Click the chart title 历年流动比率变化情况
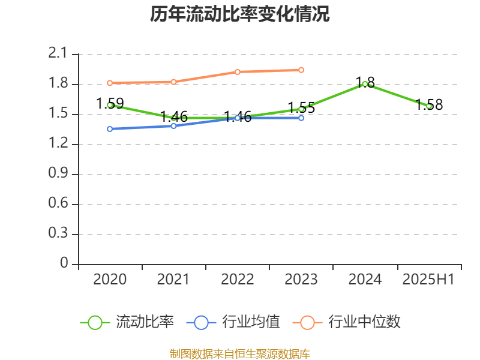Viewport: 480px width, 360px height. [240, 14]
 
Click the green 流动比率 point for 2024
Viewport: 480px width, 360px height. [365, 84]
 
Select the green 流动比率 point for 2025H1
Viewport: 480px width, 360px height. [429, 106]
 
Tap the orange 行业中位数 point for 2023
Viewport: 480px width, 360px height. [301, 70]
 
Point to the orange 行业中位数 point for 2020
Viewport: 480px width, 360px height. [110, 83]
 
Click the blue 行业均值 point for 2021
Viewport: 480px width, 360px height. [173, 126]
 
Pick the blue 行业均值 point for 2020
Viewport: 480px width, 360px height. [110, 129]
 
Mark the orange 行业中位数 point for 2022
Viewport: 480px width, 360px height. [238, 72]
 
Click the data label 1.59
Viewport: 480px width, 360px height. [110, 103]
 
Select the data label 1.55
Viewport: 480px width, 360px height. [301, 108]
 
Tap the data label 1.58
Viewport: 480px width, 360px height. [429, 105]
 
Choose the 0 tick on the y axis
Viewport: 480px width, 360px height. [64, 264]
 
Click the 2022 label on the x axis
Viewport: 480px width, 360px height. [238, 279]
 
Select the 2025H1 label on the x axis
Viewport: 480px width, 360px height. [428, 279]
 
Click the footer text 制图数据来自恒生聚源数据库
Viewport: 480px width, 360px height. [240, 353]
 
